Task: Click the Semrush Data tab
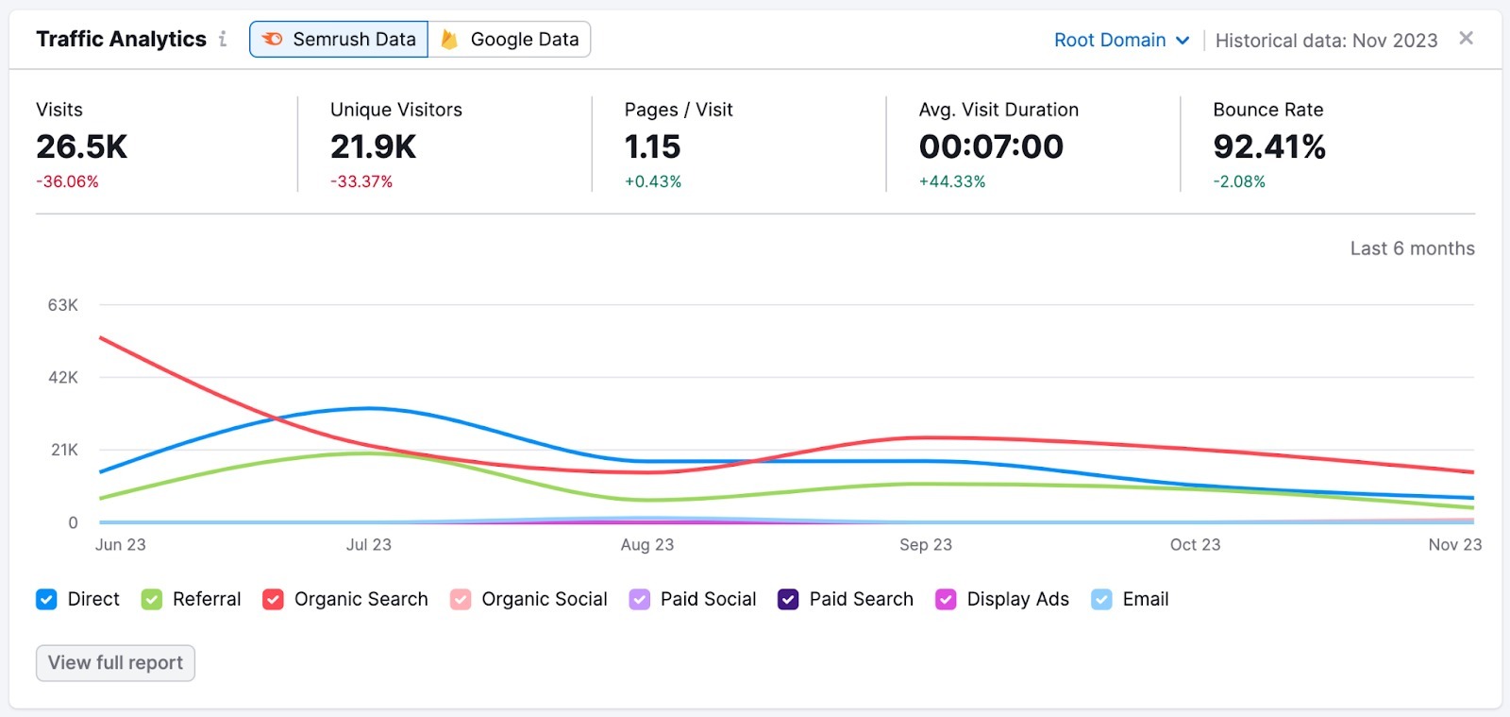tap(339, 40)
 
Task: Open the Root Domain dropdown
tap(1121, 41)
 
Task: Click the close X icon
tap(1466, 39)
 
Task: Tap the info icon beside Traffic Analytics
tap(223, 39)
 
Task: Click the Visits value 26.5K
tap(82, 147)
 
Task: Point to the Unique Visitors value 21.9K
tap(374, 147)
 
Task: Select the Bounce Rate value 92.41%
tap(1269, 147)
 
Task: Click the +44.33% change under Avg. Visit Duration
tap(952, 181)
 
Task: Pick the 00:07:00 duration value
tap(991, 147)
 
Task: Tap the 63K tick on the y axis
tap(63, 305)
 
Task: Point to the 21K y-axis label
tap(64, 450)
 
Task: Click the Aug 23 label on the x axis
tap(647, 545)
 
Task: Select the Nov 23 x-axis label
tap(1454, 545)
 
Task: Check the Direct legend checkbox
tap(46, 600)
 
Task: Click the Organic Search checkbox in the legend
tap(273, 600)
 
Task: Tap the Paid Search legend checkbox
tap(788, 600)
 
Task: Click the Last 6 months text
tap(1412, 248)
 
